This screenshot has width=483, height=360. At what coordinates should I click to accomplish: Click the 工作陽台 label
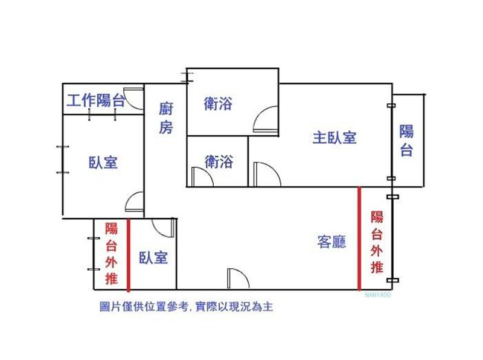coord(96,100)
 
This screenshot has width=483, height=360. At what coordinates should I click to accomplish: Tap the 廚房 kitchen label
coord(165,118)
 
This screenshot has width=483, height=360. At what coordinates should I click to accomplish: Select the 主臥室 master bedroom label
coord(334,138)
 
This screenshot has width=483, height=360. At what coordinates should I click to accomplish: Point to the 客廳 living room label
coord(331,242)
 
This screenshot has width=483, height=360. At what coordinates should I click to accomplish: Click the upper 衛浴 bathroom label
coord(218,103)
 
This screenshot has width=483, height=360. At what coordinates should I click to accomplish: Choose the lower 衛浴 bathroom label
coord(219,161)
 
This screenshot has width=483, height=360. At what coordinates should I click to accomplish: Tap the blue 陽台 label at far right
coord(406,140)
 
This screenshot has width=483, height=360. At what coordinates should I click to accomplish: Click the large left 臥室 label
coord(103,162)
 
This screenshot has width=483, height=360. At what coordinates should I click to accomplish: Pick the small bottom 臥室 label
coord(153,258)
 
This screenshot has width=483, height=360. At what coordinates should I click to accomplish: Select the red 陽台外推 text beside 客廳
coord(377,242)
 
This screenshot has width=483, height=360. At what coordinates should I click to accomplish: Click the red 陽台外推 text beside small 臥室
coord(111,253)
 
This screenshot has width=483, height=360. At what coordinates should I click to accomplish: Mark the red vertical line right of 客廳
coord(359,238)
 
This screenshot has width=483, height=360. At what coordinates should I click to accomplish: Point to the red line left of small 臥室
coord(129,254)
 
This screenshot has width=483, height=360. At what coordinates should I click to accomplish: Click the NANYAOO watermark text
coord(378,295)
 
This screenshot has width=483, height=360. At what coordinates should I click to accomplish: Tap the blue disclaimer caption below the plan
coord(187,307)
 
